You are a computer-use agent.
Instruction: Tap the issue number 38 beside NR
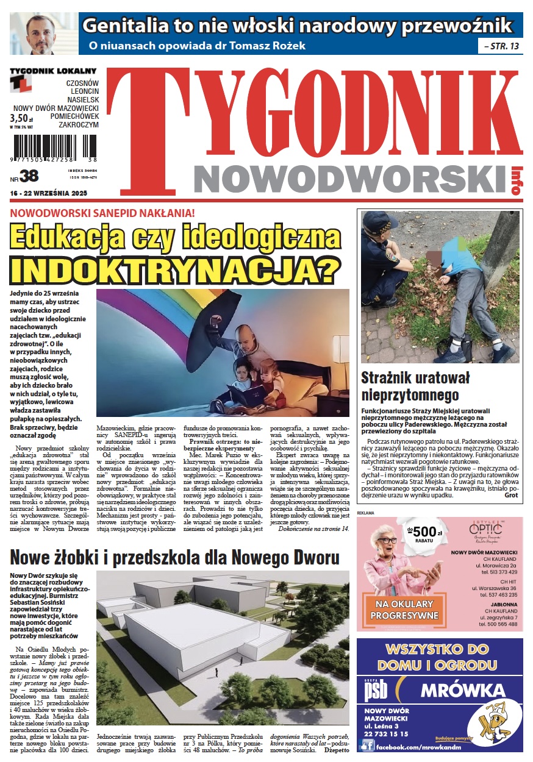point(29,176)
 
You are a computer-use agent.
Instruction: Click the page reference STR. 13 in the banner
point(502,45)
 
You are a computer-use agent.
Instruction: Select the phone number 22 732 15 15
point(387,734)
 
